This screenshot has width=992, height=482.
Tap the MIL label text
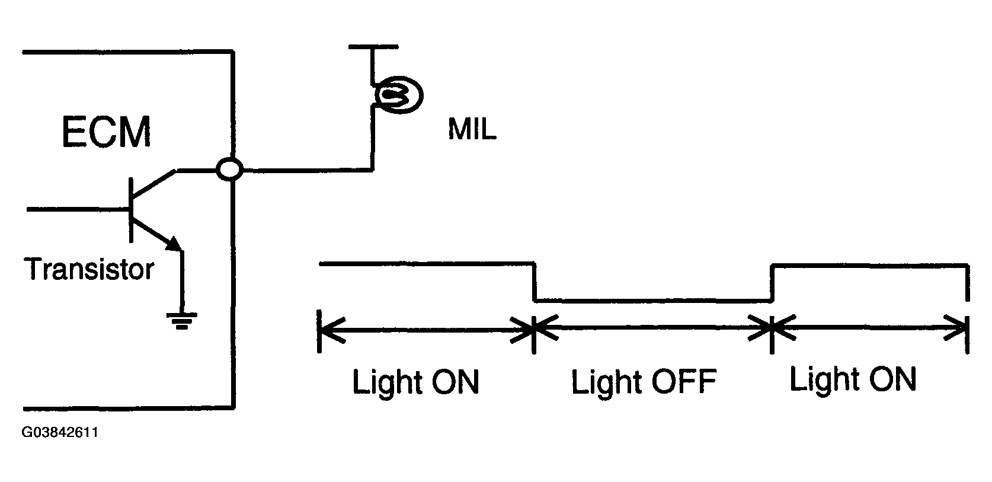coord(472,130)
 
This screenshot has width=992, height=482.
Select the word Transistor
coord(89,270)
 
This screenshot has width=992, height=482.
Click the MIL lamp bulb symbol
coord(398,94)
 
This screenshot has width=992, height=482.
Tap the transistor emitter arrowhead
coord(174,243)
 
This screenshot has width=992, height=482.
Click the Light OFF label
coord(644,382)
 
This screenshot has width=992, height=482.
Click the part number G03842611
coord(60,433)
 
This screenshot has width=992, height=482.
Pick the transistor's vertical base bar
coord(130,209)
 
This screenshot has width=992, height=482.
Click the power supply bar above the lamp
coord(373,46)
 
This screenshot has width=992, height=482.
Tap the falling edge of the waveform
coord(535,282)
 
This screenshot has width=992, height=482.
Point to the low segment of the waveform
coord(652,301)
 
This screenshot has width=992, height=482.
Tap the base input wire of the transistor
coord(77,209)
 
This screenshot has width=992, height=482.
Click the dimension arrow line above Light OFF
coord(652,327)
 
